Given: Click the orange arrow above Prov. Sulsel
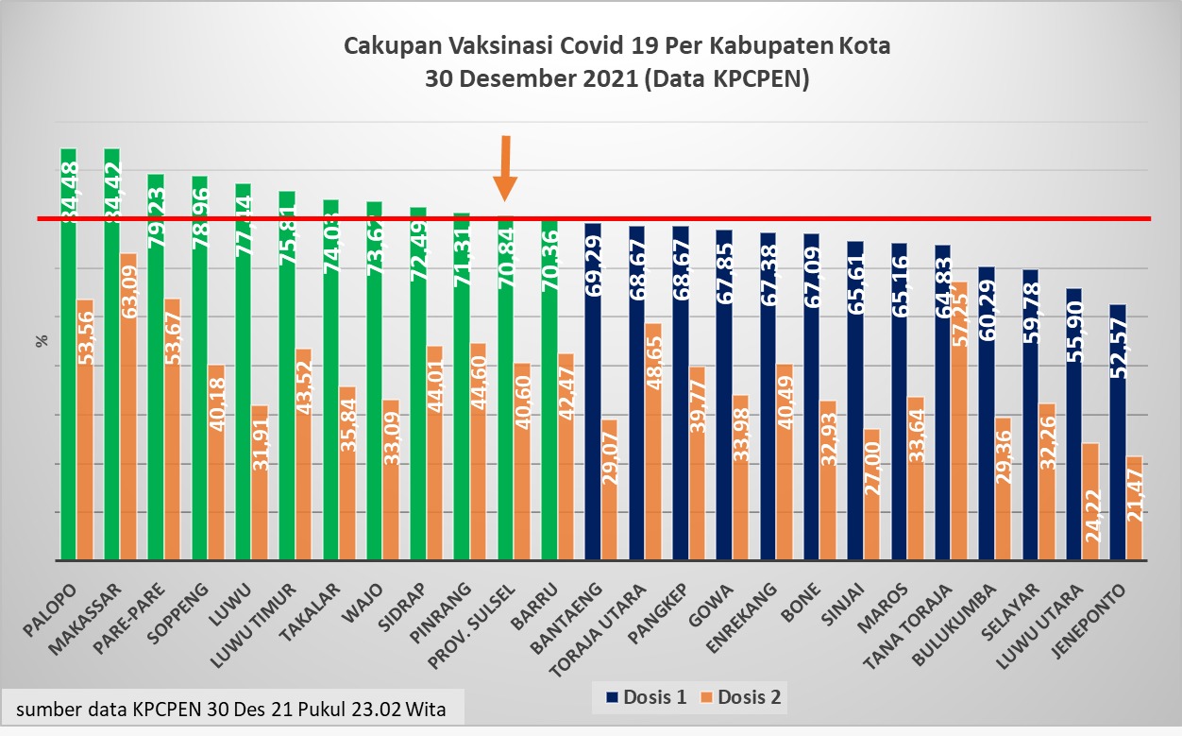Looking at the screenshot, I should click(506, 168).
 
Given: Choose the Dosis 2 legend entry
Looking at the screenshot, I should click(742, 698).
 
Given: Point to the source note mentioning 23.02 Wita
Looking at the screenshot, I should click(231, 708).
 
